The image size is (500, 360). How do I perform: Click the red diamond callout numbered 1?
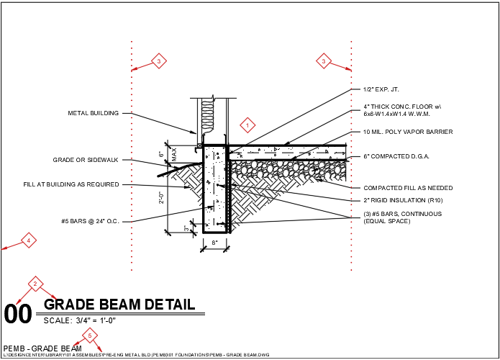point(247,125)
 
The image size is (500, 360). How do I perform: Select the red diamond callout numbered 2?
point(34,284)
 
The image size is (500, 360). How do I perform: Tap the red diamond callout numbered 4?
point(28,240)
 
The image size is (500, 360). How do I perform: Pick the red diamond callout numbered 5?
point(90,335)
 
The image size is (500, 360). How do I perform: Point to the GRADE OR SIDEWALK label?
point(86,160)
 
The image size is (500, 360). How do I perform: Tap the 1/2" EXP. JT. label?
point(381,89)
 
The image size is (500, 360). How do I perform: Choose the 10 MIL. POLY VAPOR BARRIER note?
point(408,132)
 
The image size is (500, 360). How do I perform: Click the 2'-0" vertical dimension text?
point(161,197)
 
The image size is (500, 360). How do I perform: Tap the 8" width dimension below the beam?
point(215,243)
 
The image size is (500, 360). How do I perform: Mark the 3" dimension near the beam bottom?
point(186,228)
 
